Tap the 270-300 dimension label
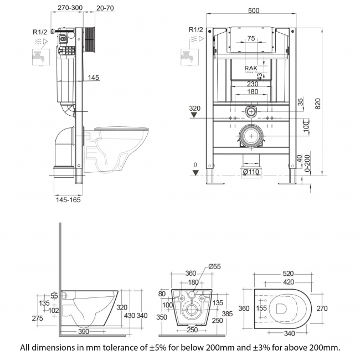[x=70, y=8]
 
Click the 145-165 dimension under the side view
[x=68, y=200]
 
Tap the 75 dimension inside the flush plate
[x=251, y=39]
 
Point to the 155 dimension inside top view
[x=262, y=308]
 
